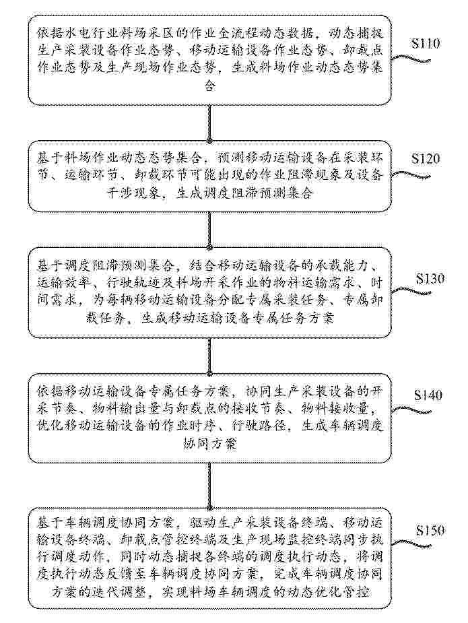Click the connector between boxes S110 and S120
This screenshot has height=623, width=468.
tap(209, 123)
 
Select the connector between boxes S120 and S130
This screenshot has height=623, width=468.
tap(209, 229)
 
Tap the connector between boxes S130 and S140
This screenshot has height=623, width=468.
tap(209, 356)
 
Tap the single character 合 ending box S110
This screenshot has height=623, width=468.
tap(209, 85)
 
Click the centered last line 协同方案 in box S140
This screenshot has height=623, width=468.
tap(209, 443)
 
